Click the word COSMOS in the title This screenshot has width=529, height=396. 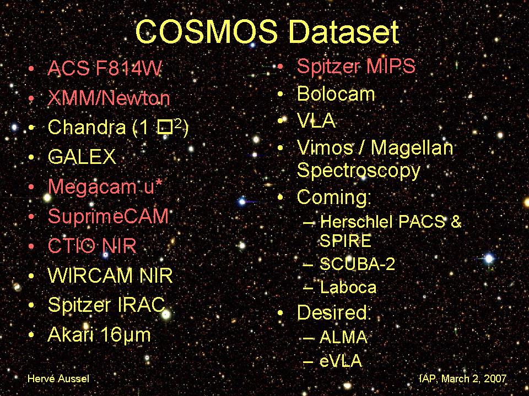click(206, 32)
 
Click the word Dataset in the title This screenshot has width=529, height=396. click(344, 32)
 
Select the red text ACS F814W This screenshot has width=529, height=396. click(105, 68)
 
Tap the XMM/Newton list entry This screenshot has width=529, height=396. click(109, 98)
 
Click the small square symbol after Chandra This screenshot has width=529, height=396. click(165, 128)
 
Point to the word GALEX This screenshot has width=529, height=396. click(82, 157)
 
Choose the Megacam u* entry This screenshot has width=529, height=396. click(105, 187)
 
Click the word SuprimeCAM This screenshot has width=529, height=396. click(108, 217)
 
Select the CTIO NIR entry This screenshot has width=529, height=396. click(92, 246)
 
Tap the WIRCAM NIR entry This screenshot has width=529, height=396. click(110, 276)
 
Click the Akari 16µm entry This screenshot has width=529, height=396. click(99, 335)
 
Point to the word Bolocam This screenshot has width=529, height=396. click(336, 94)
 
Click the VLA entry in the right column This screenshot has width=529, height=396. click(316, 120)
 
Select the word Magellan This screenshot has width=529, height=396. click(412, 148)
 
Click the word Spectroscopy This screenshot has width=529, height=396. click(359, 170)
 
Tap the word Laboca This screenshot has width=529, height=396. click(348, 287)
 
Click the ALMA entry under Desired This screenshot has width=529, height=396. click(343, 337)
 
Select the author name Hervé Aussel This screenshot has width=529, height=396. click(58, 378)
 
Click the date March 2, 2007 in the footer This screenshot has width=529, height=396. click(474, 378)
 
